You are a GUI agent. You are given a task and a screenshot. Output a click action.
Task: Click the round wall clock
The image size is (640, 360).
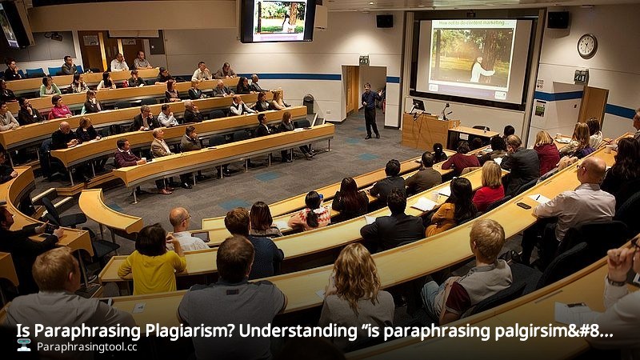pos(586,46)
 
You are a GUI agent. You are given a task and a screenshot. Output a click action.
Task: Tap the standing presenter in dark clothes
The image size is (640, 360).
pos(370,110)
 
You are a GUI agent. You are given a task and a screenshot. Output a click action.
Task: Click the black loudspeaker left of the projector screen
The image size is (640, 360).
pos(385,21)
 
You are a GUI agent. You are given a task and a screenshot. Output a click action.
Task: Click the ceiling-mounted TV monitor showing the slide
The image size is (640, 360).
pos(278,20)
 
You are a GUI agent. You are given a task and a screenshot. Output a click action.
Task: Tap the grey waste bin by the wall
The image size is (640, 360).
pos(309,103)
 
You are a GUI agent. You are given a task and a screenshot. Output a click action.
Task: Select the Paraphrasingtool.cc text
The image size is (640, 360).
pos(86,347)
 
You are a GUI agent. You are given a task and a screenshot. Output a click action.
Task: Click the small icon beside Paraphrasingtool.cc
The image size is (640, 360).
pos(24,346)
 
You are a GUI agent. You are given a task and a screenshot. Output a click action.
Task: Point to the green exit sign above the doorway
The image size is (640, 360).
pos(364,60)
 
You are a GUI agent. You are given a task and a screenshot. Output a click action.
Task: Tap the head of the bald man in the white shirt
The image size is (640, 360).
pos(592,170)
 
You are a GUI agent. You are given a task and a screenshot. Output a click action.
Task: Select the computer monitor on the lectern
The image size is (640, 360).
pos(418,105)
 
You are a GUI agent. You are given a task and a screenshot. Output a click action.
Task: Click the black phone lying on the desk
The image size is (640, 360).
pos(523,206)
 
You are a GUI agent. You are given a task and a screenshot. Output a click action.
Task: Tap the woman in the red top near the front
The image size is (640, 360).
pos(489,188)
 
